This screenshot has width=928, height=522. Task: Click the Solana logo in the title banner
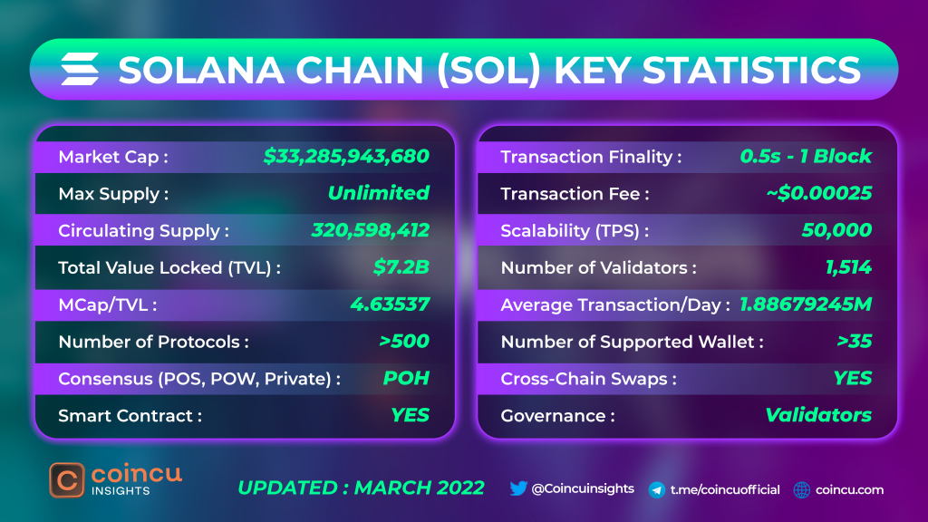[80, 69]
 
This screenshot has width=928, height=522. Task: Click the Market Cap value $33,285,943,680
[346, 156]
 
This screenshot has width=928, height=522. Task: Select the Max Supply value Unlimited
[378, 193]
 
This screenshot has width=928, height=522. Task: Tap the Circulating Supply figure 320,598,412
[370, 230]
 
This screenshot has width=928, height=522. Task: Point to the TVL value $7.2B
[401, 267]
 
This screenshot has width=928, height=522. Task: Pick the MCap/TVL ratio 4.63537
[390, 304]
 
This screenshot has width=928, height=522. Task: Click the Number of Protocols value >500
[403, 342]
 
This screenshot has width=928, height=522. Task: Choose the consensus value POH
[406, 378]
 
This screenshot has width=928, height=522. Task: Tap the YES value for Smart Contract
[410, 415]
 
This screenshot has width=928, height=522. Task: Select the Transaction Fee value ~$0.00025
[818, 193]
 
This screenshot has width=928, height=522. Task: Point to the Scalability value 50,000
[836, 230]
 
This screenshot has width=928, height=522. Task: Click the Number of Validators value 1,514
[848, 267]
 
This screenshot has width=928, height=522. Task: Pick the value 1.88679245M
[806, 304]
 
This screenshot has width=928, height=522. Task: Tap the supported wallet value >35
[854, 342]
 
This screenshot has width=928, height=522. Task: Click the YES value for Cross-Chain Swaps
[852, 378]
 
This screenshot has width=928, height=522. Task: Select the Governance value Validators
[818, 415]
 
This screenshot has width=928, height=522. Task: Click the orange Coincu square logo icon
[67, 480]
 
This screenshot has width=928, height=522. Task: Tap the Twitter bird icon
[517, 488]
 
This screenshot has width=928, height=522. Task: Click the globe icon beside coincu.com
[801, 490]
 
